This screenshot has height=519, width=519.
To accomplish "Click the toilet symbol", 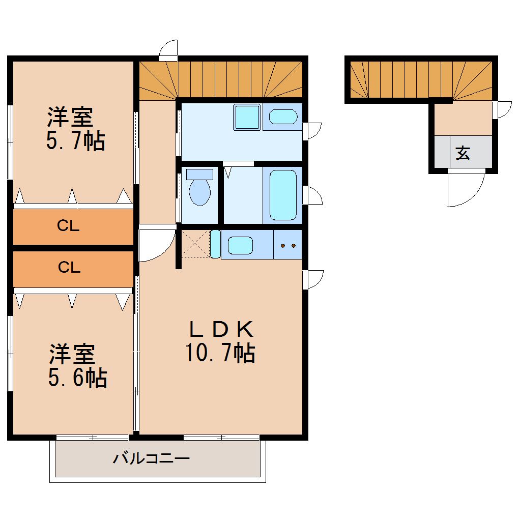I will [x=199, y=191].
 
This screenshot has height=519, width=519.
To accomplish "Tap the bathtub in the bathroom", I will [x=283, y=195].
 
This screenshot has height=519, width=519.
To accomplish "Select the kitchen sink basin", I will [x=240, y=246].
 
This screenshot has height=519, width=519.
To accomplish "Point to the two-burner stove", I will [x=288, y=245].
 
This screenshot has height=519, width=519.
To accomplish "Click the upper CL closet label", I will [x=68, y=226].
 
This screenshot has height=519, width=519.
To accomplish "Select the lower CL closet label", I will [x=69, y=268].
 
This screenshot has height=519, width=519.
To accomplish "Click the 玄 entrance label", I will [x=463, y=153].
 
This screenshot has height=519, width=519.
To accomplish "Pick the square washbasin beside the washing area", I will [x=247, y=117].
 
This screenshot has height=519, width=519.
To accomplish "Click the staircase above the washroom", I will [x=221, y=79].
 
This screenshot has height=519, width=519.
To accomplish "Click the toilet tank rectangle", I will [x=199, y=174].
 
